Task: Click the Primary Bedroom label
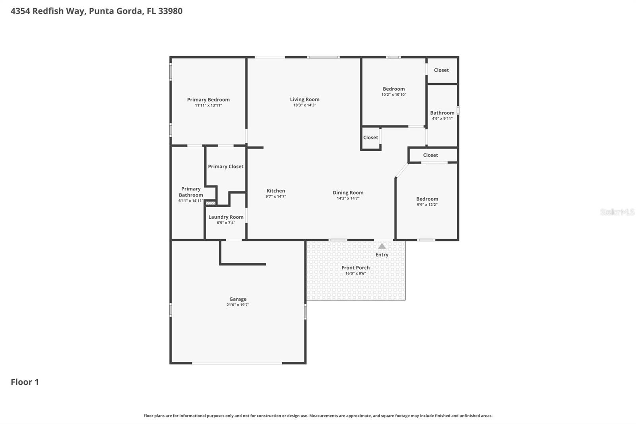click(x=208, y=100)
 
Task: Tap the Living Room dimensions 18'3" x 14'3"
click(x=304, y=105)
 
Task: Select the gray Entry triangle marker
click(x=382, y=246)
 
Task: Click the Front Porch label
click(x=355, y=268)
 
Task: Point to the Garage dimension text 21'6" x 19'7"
click(x=238, y=305)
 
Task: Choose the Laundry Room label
click(x=226, y=217)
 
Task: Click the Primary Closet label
click(x=225, y=167)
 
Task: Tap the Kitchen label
click(x=275, y=191)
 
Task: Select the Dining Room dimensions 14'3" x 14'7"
click(x=348, y=198)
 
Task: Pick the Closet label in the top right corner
click(x=441, y=70)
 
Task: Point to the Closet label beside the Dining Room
click(x=370, y=138)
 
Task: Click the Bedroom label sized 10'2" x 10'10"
click(x=394, y=89)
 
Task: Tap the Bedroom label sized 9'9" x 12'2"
click(x=427, y=199)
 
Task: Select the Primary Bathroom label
click(x=191, y=192)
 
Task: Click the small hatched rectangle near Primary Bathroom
click(x=210, y=203)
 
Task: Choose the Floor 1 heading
click(x=25, y=382)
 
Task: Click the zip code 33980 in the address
click(x=170, y=11)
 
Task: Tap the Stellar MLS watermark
click(x=617, y=212)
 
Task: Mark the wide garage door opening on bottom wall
click(x=237, y=363)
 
